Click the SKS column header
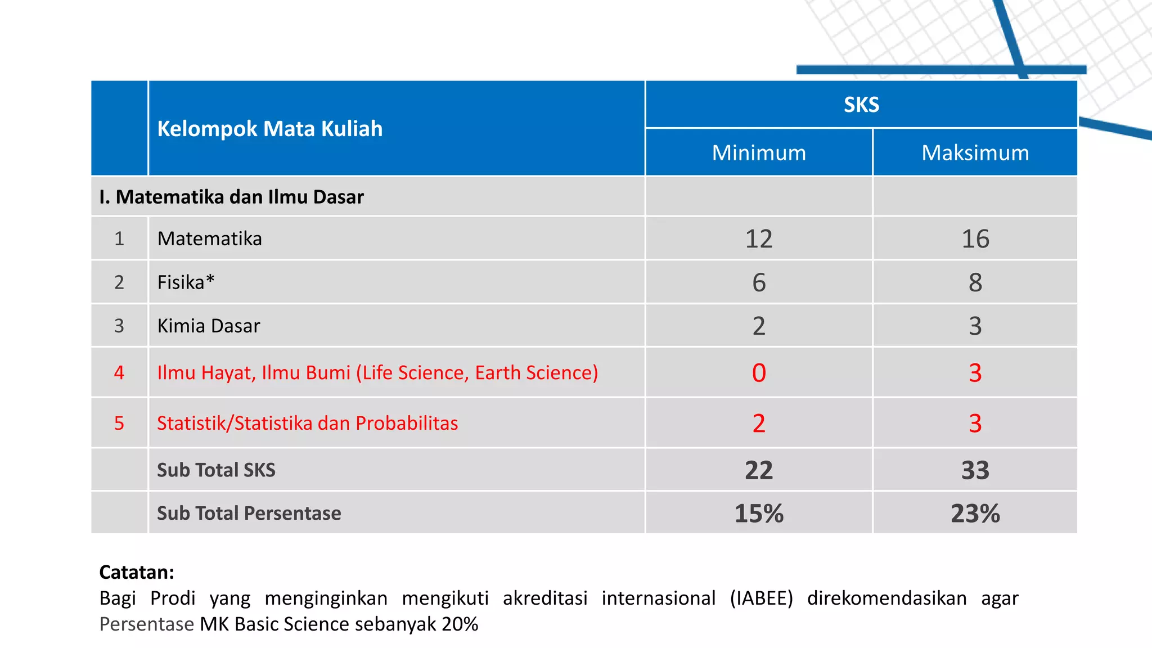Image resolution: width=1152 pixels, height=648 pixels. click(x=861, y=105)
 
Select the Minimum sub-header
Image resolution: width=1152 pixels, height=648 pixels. click(x=759, y=153)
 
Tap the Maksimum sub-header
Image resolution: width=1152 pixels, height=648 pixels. click(x=975, y=153)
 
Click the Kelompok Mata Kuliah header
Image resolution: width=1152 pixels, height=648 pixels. click(x=270, y=129)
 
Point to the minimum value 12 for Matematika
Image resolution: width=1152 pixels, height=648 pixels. click(x=759, y=239)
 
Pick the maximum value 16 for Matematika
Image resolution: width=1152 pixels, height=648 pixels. click(x=975, y=239)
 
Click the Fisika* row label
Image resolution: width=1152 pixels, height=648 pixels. click(x=186, y=282)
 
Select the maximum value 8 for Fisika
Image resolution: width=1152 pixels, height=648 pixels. click(x=975, y=282)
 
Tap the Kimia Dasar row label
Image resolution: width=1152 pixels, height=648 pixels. click(x=209, y=326)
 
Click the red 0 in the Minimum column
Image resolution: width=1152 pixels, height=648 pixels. click(x=759, y=373)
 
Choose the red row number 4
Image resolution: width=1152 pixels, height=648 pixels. click(x=119, y=373)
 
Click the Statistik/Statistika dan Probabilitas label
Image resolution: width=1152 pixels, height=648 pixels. click(x=307, y=424)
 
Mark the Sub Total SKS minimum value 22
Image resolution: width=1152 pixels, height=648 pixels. click(x=759, y=470)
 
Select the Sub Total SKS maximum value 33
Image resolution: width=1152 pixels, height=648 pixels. click(x=975, y=470)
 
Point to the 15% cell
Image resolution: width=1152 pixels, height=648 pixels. click(x=759, y=514)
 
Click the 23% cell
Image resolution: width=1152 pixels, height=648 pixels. click(x=975, y=514)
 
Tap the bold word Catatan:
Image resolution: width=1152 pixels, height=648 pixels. click(x=137, y=572)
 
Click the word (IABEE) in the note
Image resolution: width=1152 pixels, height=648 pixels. click(x=761, y=598)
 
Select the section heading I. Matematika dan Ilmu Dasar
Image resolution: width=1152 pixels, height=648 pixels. click(x=231, y=197)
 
